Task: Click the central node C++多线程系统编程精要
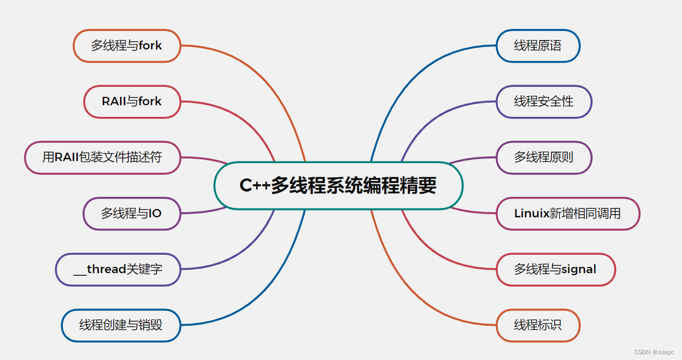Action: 338,186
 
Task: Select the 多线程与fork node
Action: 126,46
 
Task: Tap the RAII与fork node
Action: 132,101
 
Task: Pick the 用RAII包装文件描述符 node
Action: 102,157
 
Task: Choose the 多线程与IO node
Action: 132,213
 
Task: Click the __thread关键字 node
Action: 118,269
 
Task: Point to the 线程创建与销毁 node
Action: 121,325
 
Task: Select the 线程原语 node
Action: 538,46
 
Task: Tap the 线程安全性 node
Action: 544,101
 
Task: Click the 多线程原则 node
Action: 544,157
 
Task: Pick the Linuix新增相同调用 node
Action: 567,213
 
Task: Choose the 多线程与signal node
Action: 555,269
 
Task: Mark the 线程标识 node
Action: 538,325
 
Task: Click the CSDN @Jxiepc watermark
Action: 654,352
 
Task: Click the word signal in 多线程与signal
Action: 579,269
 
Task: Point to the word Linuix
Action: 531,213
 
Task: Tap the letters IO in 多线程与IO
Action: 155,213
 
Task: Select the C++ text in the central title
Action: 255,186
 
